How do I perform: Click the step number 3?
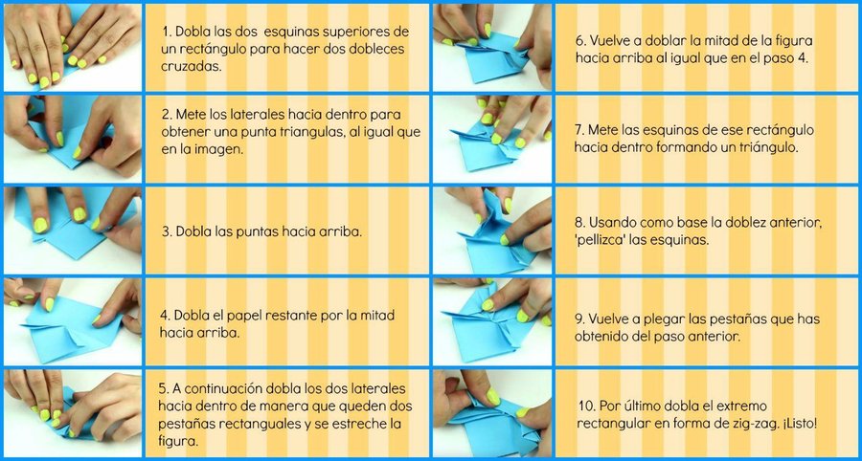coord(167,231)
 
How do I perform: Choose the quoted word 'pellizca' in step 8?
coord(598,241)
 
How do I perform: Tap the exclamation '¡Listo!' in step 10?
coord(798,424)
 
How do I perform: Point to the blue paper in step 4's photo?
coord(72,328)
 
